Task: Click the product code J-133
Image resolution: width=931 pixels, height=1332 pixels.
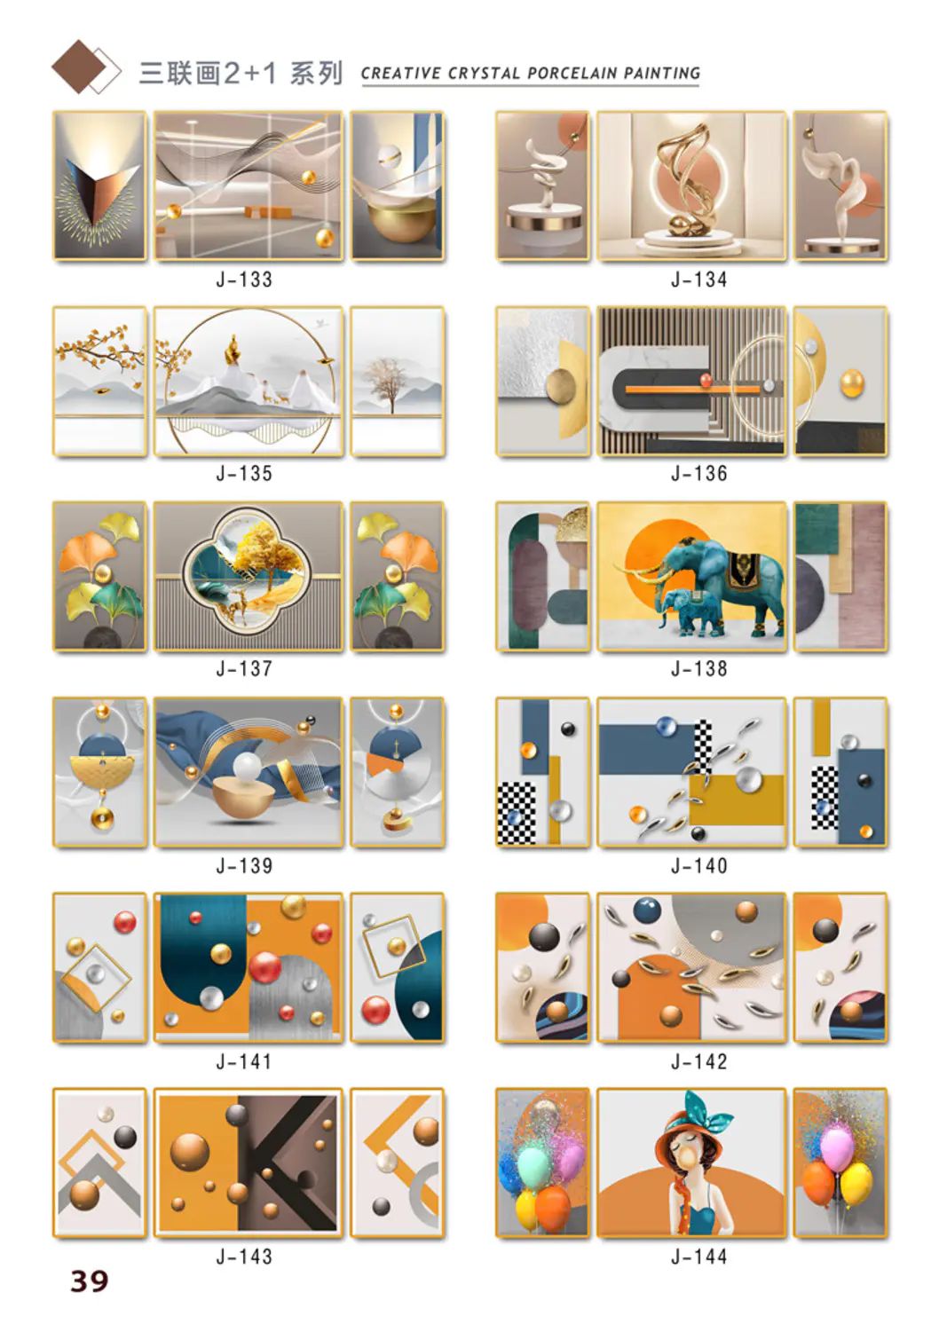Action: (x=244, y=280)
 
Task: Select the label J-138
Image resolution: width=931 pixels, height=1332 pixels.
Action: (x=699, y=669)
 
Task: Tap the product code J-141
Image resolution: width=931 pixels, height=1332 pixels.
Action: (x=244, y=1061)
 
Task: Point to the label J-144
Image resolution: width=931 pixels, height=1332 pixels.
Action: (x=699, y=1257)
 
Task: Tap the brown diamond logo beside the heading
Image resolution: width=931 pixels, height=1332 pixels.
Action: (x=78, y=67)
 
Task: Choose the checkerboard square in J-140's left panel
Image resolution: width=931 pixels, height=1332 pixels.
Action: (x=516, y=812)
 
